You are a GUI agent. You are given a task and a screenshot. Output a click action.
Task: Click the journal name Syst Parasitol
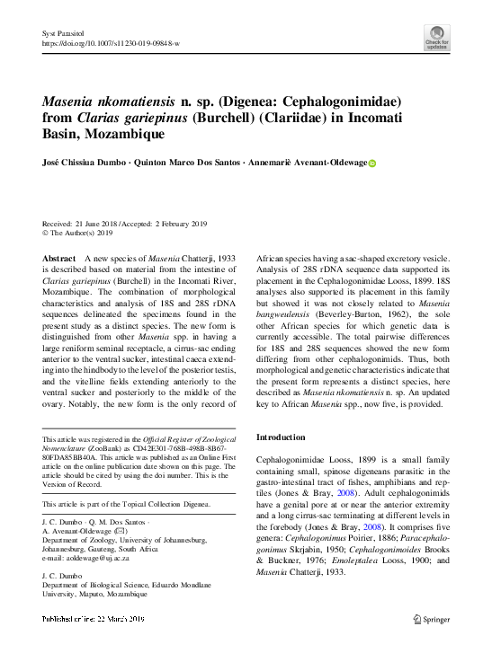pos(61,32)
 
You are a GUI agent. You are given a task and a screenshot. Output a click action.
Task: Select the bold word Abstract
pos(59,258)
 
